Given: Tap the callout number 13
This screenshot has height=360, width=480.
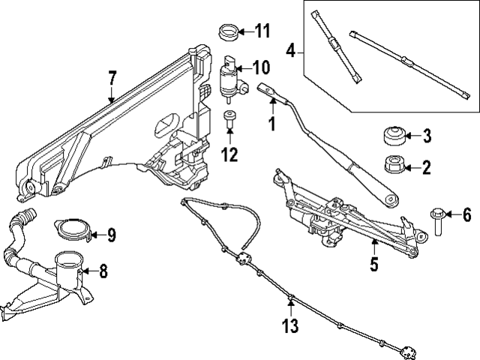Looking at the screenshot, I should pos(290,326).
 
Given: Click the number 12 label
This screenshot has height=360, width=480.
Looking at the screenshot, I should pos(229,155).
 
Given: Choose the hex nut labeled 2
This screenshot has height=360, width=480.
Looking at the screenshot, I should pos(394,164).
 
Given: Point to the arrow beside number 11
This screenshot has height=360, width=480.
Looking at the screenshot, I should pos(244,31).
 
